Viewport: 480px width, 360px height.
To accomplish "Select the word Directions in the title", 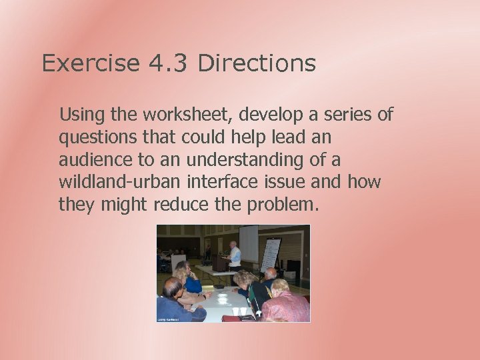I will (x=257, y=64).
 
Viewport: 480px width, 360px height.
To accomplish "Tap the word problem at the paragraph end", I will (x=283, y=204).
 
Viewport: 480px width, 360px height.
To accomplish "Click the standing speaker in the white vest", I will (x=233, y=255).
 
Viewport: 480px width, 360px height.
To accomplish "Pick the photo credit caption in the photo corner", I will (x=169, y=319).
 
